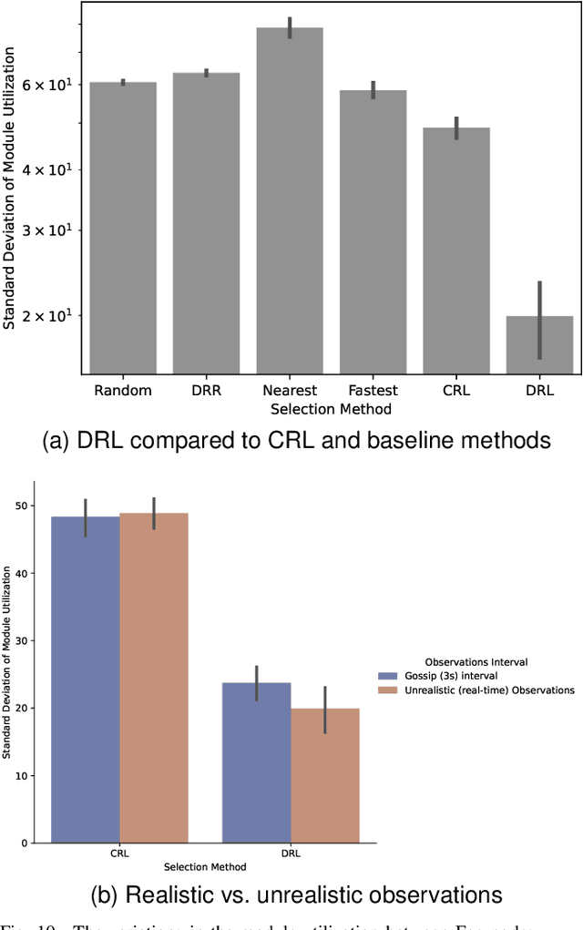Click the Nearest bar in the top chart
(x=290, y=200)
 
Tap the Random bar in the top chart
(x=123, y=228)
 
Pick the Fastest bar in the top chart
(x=373, y=231)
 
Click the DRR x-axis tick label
(x=207, y=391)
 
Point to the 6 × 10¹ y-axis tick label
(x=52, y=85)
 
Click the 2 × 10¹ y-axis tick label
(x=52, y=316)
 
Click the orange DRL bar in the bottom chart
(x=324, y=775)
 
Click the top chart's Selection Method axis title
(x=331, y=409)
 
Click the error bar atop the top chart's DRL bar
(x=540, y=319)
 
